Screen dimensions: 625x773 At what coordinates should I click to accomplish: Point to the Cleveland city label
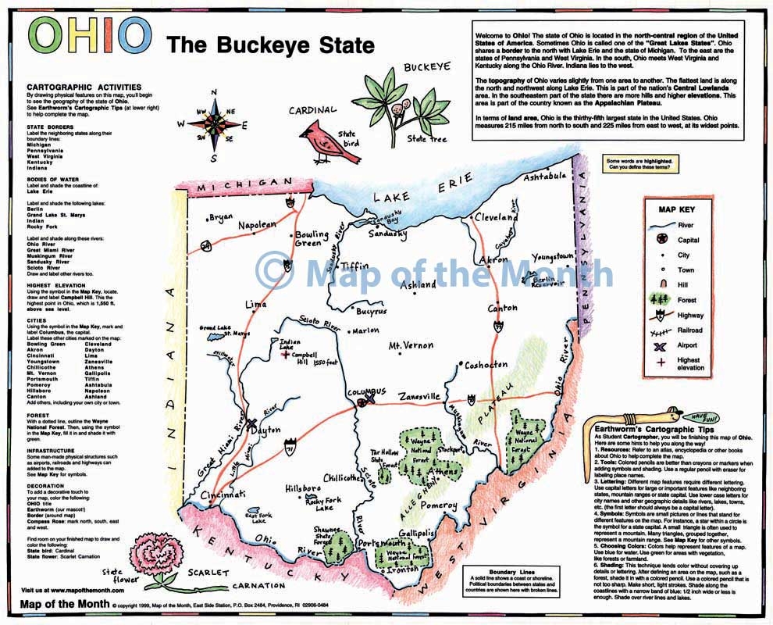click(x=496, y=219)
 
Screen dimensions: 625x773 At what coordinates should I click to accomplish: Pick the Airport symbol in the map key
click(x=660, y=346)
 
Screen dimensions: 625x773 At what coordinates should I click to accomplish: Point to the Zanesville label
click(x=420, y=397)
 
